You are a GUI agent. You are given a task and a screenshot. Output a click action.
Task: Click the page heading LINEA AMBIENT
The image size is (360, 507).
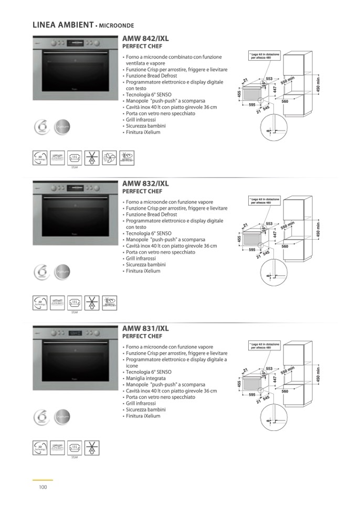pyautogui.click(x=62, y=24)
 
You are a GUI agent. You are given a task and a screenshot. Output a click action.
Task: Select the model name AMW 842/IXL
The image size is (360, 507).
pyautogui.click(x=145, y=38)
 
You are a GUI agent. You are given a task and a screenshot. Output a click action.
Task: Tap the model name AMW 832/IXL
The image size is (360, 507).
pyautogui.click(x=145, y=184)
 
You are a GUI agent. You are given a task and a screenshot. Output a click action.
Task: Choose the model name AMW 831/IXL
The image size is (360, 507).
pyautogui.click(x=145, y=328)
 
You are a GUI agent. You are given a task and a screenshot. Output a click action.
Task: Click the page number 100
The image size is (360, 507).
pyautogui.click(x=43, y=487)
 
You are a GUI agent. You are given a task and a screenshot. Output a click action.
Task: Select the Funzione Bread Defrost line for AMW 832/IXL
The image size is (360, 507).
pyautogui.click(x=151, y=214)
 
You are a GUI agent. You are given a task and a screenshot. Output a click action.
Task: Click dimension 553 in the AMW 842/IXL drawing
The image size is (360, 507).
pyautogui.click(x=269, y=78)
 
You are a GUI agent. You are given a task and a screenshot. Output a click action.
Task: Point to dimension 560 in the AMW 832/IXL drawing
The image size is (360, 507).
pyautogui.click(x=285, y=246)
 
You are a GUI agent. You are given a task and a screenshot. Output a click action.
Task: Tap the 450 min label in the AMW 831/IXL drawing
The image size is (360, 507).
pyautogui.click(x=317, y=374)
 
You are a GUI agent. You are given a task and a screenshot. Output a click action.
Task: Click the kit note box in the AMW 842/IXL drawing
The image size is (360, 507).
pyautogui.click(x=265, y=55)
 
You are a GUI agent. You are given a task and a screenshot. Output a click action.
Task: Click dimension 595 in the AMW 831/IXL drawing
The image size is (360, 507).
pyautogui.click(x=252, y=394)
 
